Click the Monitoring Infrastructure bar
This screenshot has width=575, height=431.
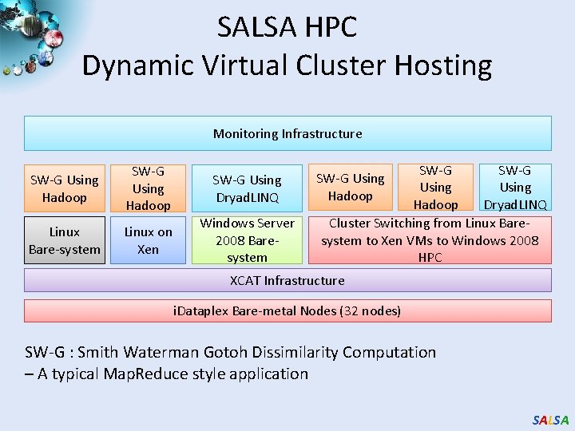(287, 133)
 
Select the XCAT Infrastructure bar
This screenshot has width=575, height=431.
(287, 280)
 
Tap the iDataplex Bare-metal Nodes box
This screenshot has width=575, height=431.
(287, 310)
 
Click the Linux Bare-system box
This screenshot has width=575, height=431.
(65, 240)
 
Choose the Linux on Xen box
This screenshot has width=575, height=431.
(149, 240)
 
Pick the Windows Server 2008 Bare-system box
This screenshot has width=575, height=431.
(247, 240)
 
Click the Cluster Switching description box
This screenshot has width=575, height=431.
(430, 240)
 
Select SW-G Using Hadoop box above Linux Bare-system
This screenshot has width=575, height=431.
(65, 188)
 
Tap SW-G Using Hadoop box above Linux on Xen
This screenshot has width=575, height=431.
(149, 188)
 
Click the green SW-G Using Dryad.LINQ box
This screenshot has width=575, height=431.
(247, 188)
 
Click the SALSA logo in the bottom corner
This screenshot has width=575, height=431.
(551, 420)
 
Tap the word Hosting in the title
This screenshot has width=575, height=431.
(443, 65)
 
